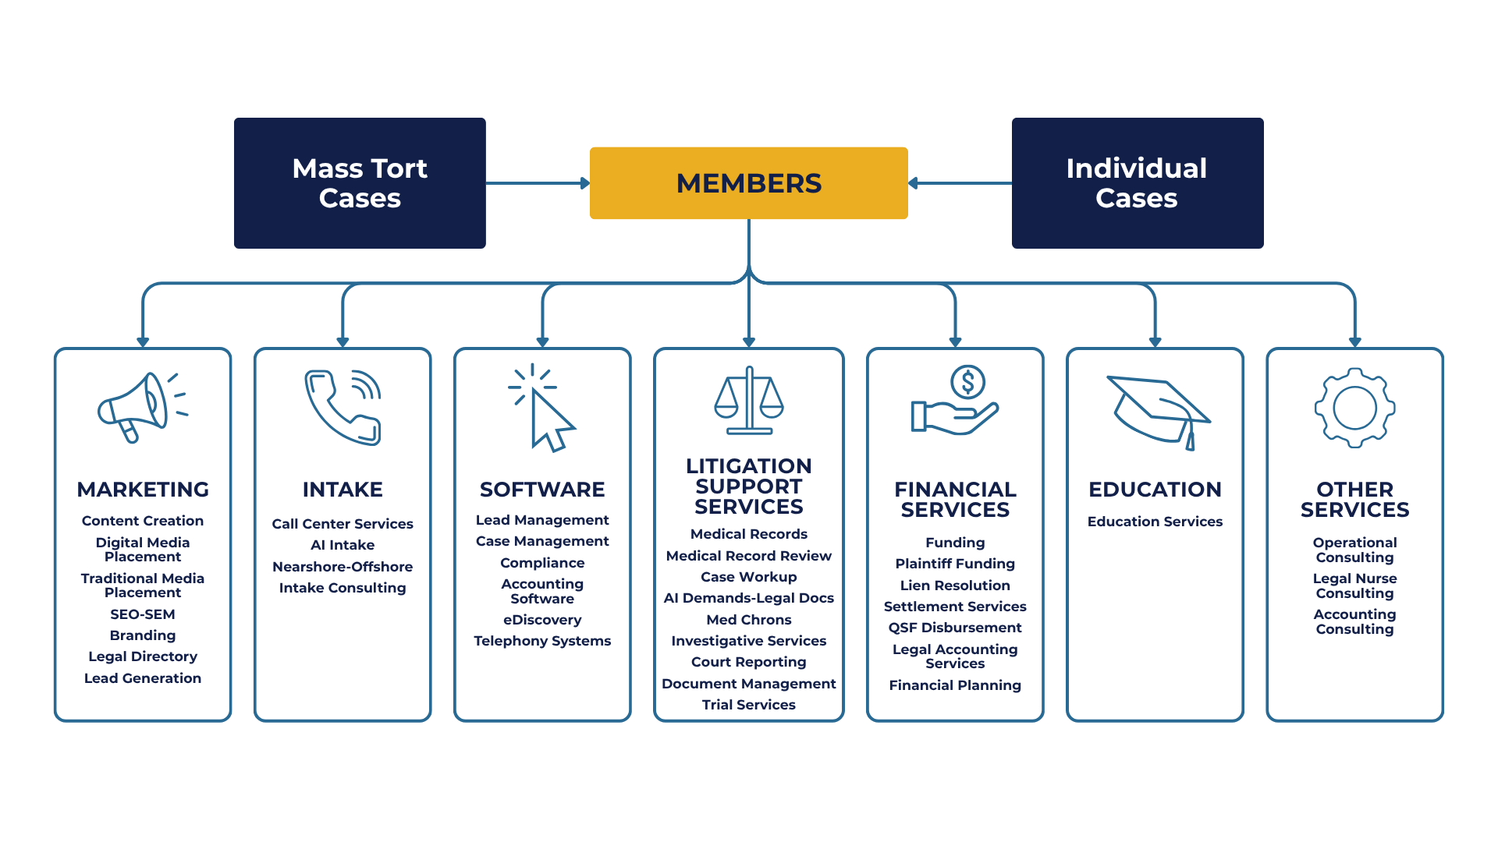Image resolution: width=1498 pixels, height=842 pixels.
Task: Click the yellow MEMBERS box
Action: (748, 183)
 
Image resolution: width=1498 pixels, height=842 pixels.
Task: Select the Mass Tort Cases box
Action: (360, 183)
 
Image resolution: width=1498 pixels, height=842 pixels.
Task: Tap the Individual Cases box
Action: (1137, 183)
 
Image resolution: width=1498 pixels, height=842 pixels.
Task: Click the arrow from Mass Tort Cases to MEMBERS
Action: (538, 183)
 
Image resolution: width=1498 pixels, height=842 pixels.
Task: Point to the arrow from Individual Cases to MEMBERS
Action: (960, 183)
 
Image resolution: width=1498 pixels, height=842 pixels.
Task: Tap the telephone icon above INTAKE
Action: (343, 407)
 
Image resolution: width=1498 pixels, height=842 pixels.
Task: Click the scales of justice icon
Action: (748, 401)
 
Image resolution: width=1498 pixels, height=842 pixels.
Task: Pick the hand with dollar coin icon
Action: (955, 401)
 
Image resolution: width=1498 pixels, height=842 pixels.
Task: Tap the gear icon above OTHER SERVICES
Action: (1354, 408)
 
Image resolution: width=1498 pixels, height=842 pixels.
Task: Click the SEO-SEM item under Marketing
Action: (143, 614)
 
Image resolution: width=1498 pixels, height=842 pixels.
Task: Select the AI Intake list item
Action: (343, 545)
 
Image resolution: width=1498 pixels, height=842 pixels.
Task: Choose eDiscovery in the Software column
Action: (542, 620)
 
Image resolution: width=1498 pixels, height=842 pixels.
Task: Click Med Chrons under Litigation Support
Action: (748, 620)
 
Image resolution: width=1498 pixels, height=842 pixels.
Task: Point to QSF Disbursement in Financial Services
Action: (955, 628)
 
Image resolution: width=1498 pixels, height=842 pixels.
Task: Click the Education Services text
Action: (1155, 522)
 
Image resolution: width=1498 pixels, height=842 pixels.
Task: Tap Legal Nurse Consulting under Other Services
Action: (1354, 586)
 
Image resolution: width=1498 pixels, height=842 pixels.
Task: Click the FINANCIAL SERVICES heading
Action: (955, 499)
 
